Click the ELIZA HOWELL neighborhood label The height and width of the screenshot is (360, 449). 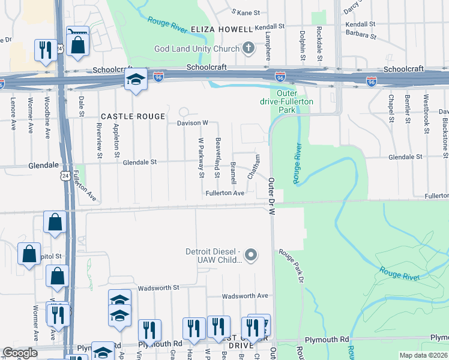click(x=221, y=29)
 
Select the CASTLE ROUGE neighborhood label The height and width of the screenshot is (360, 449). click(x=132, y=116)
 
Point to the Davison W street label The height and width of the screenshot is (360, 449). click(x=192, y=123)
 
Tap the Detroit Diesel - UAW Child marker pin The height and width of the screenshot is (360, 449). click(x=252, y=256)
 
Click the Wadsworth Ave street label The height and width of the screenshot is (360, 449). click(x=245, y=296)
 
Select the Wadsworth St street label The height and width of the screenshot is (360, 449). click(x=158, y=288)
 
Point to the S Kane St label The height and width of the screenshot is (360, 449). click(x=246, y=12)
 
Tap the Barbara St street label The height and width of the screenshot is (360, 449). click(x=361, y=35)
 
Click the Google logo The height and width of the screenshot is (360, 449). click(x=20, y=353)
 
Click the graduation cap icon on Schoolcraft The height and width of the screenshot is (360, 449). click(x=136, y=81)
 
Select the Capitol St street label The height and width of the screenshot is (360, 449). click(x=50, y=256)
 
